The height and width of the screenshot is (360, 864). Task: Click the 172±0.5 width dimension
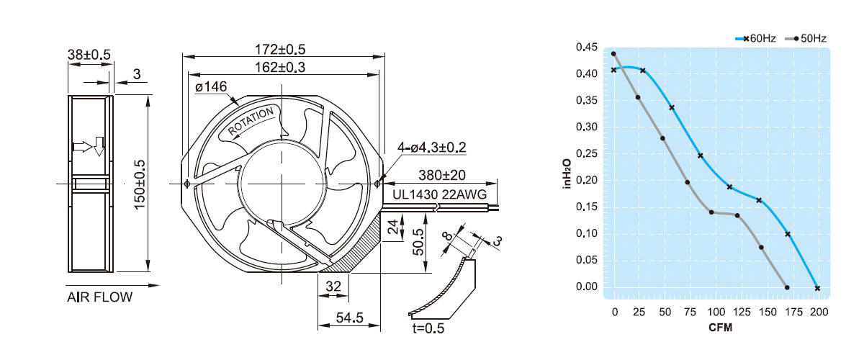tap(281, 50)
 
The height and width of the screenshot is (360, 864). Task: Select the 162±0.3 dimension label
tap(281, 67)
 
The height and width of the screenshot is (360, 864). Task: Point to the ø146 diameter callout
tap(211, 87)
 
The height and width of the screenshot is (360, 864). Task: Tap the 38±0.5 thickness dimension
tap(89, 55)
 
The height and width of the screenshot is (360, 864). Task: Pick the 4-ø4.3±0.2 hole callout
tap(432, 148)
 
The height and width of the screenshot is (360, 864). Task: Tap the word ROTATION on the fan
tap(251, 122)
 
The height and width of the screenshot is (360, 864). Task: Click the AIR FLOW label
tap(100, 297)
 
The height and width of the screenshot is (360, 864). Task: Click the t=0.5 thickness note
tap(427, 329)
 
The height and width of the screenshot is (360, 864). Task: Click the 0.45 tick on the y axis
tap(587, 48)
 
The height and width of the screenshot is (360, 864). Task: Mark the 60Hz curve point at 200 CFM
tap(817, 288)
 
